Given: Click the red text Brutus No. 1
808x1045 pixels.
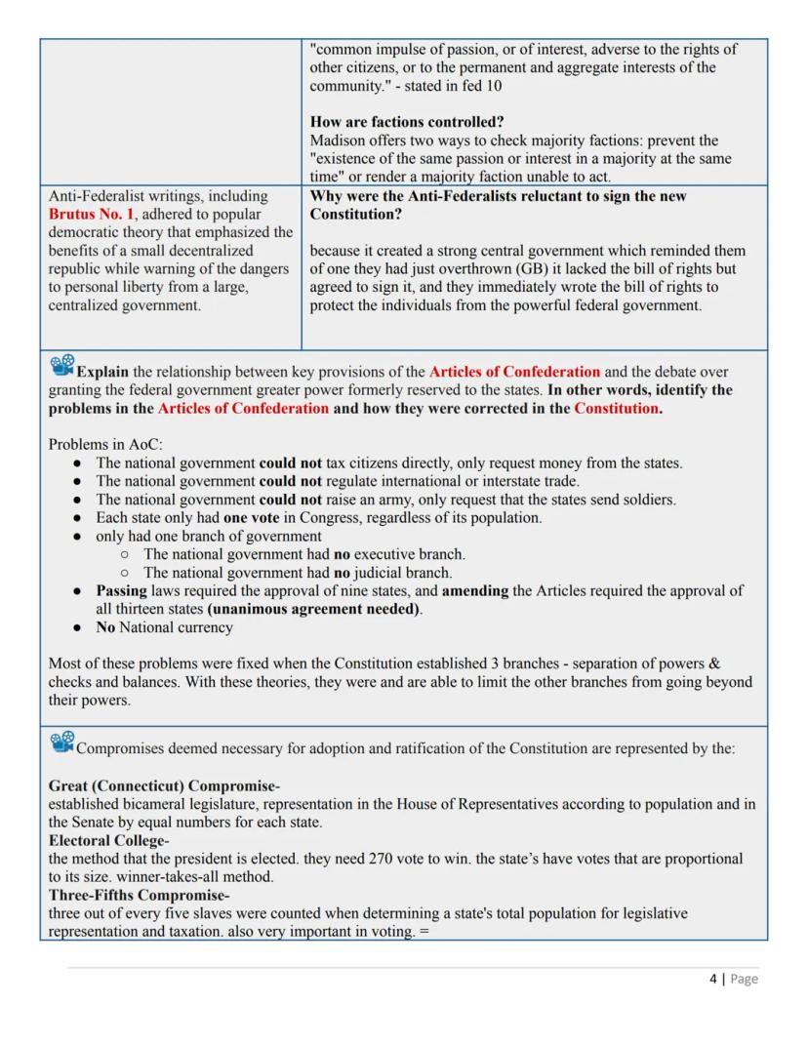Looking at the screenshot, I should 91,214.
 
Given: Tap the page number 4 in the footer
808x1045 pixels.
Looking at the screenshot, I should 712,979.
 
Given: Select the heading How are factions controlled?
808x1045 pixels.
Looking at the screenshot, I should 407,122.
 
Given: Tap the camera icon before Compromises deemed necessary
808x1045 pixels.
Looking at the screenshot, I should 61,744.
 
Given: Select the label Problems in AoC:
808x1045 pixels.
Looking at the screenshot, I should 105,444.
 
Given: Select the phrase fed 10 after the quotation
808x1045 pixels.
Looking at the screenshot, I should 491,86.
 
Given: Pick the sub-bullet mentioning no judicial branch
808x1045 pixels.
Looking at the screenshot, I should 297,573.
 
